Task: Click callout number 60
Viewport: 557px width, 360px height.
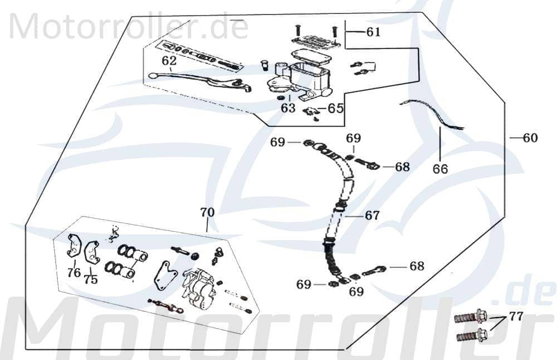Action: click(x=530, y=138)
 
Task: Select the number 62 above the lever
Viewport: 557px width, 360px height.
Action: click(x=169, y=60)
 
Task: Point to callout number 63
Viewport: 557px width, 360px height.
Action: click(x=288, y=108)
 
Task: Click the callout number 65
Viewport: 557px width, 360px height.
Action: click(x=335, y=108)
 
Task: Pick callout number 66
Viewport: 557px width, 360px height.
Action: click(x=440, y=168)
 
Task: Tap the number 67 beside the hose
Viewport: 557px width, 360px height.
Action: click(x=372, y=215)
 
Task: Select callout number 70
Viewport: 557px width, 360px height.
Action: click(x=207, y=212)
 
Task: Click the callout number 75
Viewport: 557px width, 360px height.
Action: click(x=90, y=280)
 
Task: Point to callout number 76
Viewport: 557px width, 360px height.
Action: click(x=74, y=273)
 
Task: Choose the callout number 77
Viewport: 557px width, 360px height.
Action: click(x=516, y=317)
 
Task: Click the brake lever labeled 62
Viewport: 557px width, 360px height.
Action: click(x=201, y=81)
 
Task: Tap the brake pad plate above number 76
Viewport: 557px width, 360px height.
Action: click(x=74, y=246)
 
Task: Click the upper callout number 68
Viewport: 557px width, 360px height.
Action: click(x=402, y=167)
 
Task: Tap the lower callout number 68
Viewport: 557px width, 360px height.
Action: click(x=416, y=266)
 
